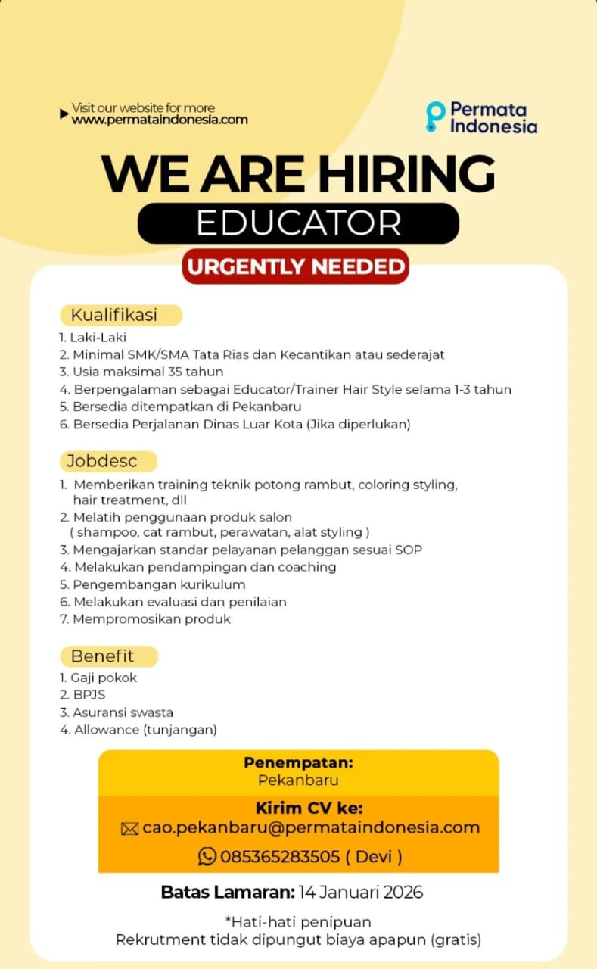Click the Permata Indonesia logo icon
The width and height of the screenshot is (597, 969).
click(x=435, y=117)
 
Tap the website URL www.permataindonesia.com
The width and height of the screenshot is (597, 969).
click(x=160, y=120)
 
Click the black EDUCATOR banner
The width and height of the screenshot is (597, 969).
click(x=298, y=223)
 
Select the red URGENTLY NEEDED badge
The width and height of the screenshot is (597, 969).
click(x=296, y=266)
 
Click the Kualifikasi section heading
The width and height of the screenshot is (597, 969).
click(x=114, y=315)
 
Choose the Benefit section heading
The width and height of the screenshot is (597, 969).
click(x=102, y=656)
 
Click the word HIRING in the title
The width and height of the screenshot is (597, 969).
click(x=406, y=173)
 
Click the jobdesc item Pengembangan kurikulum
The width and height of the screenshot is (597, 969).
click(x=159, y=584)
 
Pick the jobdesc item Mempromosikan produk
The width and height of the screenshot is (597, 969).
click(x=151, y=619)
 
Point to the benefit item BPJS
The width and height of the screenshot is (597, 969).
click(x=89, y=695)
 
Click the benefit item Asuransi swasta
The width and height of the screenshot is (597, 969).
click(x=123, y=712)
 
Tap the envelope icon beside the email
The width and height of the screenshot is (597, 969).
click(x=129, y=829)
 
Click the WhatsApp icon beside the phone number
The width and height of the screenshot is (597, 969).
click(x=207, y=856)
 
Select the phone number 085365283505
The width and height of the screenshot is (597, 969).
click(x=280, y=856)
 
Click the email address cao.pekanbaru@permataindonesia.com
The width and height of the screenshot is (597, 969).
click(x=311, y=827)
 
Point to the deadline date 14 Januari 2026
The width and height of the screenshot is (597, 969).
click(x=360, y=892)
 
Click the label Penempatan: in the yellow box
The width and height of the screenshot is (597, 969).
click(x=298, y=763)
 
